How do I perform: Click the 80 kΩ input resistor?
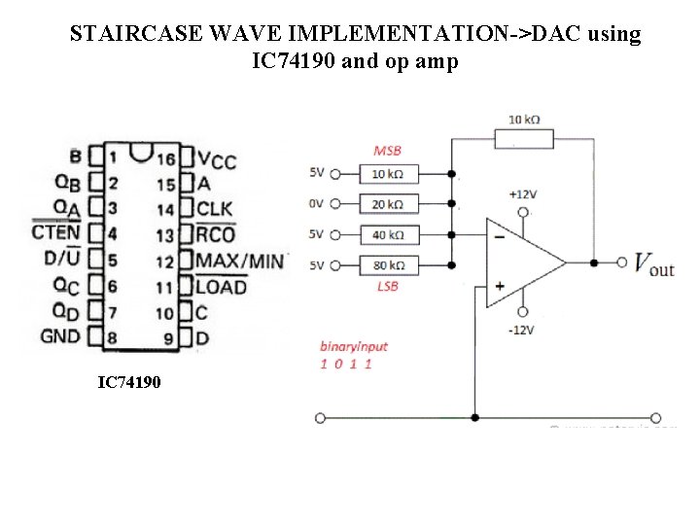pyautogui.click(x=388, y=264)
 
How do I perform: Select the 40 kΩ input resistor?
pyautogui.click(x=388, y=234)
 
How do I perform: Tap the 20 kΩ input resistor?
pyautogui.click(x=388, y=204)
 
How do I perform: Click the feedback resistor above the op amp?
pyautogui.click(x=524, y=139)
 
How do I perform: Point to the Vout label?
pyautogui.click(x=653, y=263)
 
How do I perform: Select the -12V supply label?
pyautogui.click(x=522, y=331)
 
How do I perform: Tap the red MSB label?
pyautogui.click(x=387, y=152)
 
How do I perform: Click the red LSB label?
pyautogui.click(x=387, y=286)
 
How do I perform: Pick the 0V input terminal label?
pyautogui.click(x=316, y=204)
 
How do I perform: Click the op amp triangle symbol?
pyautogui.click(x=521, y=262)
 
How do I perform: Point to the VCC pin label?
pyautogui.click(x=216, y=158)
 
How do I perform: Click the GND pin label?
pyautogui.click(x=60, y=337)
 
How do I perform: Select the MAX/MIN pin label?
pyautogui.click(x=239, y=261)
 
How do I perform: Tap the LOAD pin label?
pyautogui.click(x=221, y=287)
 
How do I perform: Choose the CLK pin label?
pyautogui.click(x=215, y=209)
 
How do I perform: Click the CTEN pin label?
pyautogui.click(x=56, y=232)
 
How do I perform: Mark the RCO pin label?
pyautogui.click(x=215, y=234)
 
